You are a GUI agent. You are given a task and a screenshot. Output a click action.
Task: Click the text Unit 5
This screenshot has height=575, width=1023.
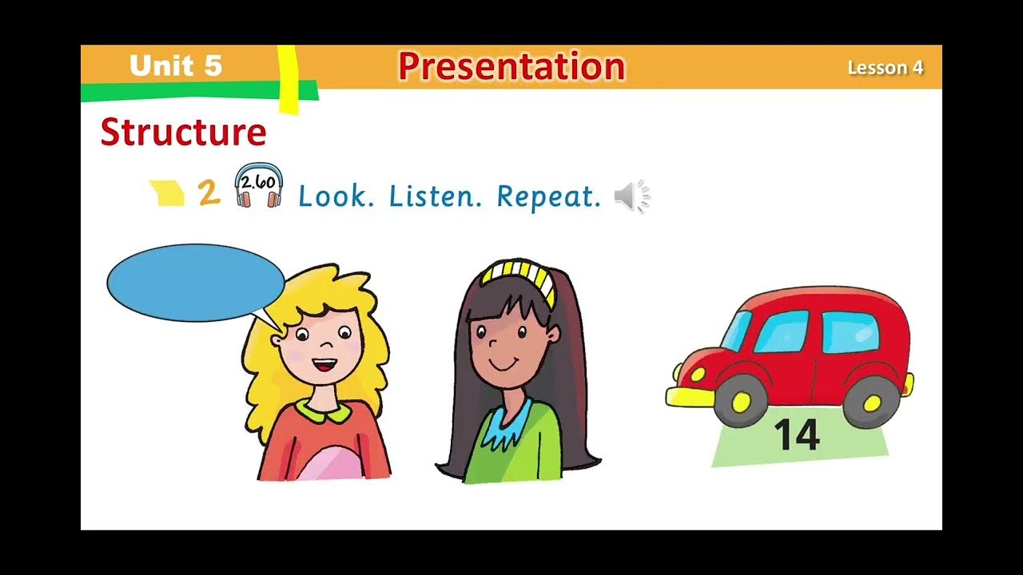(175, 65)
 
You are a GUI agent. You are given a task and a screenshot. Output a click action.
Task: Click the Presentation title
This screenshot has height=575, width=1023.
(511, 66)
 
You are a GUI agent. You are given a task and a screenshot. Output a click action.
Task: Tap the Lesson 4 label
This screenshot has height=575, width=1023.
(885, 68)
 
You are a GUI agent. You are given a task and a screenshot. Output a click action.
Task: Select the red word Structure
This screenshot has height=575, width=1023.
(183, 133)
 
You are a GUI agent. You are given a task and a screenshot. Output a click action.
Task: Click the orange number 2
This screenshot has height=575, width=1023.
(209, 193)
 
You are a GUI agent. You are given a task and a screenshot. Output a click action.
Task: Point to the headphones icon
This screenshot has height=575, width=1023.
(258, 186)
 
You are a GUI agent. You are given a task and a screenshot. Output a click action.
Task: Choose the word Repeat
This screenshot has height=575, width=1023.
(548, 196)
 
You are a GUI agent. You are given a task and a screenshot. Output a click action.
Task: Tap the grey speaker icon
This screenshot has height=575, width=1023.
(631, 196)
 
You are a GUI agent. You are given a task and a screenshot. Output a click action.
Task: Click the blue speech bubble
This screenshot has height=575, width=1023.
(195, 283)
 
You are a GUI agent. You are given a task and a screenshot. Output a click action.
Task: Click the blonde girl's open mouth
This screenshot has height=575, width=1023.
(324, 367)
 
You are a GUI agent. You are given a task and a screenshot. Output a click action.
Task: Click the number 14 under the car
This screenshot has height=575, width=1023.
(797, 436)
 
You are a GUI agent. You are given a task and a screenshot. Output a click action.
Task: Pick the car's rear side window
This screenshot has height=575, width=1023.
(849, 331)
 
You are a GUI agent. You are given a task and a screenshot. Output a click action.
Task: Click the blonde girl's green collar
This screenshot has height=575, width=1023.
(323, 411)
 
